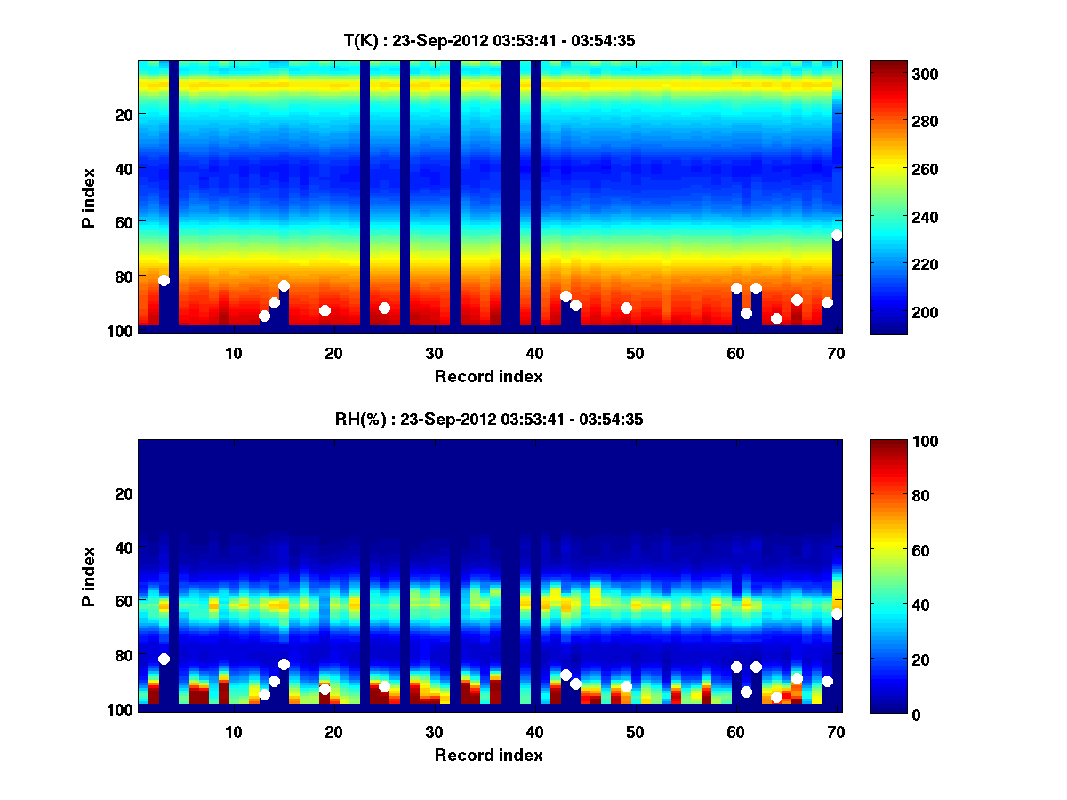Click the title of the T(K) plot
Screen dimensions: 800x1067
[x=489, y=40]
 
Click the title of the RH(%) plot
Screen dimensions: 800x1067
[x=489, y=420]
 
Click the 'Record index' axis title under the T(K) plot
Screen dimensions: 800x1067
[x=489, y=376]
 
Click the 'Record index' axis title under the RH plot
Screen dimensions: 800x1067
[x=489, y=755]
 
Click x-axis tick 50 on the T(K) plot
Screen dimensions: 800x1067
[x=635, y=353]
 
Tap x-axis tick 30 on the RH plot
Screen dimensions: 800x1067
[x=434, y=732]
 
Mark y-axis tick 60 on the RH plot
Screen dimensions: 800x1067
[x=124, y=601]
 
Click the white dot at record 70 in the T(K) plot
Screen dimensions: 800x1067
[x=837, y=235]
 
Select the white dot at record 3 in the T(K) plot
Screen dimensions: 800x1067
[x=164, y=280]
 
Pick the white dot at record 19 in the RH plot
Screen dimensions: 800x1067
[x=325, y=689]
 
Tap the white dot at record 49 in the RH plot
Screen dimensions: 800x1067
[x=626, y=686]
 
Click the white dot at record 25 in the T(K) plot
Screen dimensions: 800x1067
[x=384, y=308]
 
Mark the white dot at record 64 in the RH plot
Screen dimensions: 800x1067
[x=776, y=697]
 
